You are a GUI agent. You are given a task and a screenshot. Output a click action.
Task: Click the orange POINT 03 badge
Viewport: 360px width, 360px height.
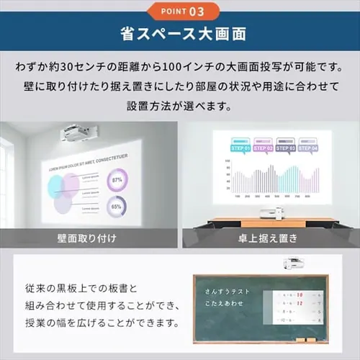point(179,11)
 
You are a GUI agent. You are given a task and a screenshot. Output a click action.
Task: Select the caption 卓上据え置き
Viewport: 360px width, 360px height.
point(269,237)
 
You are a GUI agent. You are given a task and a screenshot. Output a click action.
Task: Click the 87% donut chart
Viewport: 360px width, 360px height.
point(117,179)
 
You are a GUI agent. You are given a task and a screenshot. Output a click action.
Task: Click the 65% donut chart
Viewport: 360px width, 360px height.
point(116,207)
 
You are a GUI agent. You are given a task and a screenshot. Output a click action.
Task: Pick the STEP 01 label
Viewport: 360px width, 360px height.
point(240,147)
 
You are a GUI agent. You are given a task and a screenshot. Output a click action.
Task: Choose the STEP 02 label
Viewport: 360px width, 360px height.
point(263,147)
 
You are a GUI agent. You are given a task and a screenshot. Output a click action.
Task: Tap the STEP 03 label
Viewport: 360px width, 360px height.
point(286,147)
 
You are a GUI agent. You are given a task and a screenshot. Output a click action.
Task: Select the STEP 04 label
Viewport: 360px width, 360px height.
point(308,147)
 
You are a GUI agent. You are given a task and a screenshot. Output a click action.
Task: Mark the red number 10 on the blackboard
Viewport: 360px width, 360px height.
point(298,294)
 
